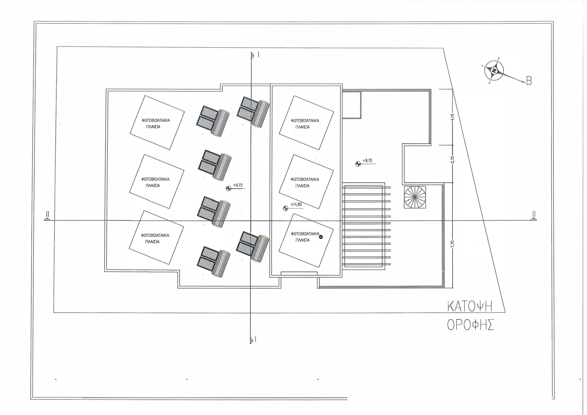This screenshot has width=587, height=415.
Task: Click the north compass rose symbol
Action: click(493, 70)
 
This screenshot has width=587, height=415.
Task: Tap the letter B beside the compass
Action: click(529, 81)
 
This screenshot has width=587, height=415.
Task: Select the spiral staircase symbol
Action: click(415, 197)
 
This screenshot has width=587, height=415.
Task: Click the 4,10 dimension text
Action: click(452, 117)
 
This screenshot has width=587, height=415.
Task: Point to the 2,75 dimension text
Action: click(452, 159)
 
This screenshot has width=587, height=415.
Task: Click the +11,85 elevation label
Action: click(296, 205)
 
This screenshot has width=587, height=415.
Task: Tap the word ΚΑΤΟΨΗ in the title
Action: click(470, 306)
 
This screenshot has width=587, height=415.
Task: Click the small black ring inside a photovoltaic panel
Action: click(321, 237)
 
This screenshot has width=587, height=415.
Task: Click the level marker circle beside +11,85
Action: click(285, 208)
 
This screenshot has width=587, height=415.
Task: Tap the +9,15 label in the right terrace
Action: click(367, 160)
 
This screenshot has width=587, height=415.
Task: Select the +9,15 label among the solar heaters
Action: click(238, 185)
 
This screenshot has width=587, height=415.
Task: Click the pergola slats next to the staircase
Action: click(366, 226)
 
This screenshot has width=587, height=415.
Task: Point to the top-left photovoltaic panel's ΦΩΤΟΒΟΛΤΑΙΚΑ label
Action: click(156, 120)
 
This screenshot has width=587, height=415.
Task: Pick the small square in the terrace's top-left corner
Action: click(352, 105)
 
